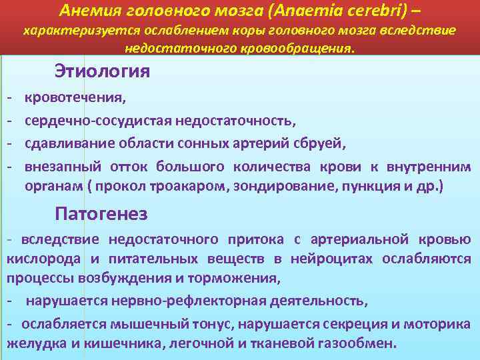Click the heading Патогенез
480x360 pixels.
pyautogui.click(x=101, y=215)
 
